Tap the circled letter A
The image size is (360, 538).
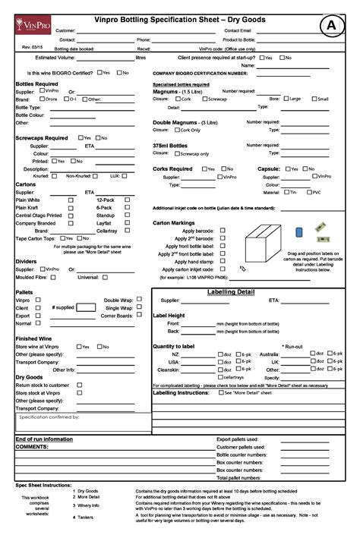331,25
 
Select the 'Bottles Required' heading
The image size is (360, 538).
36,83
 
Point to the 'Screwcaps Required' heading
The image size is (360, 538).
42,138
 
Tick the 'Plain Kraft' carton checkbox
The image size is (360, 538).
71,207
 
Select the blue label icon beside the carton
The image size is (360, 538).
299,231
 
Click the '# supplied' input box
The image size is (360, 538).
86,307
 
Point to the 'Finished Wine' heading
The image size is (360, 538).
33,338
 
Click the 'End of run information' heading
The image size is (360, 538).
44,439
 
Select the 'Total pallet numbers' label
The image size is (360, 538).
240,477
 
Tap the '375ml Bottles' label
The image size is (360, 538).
170,145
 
